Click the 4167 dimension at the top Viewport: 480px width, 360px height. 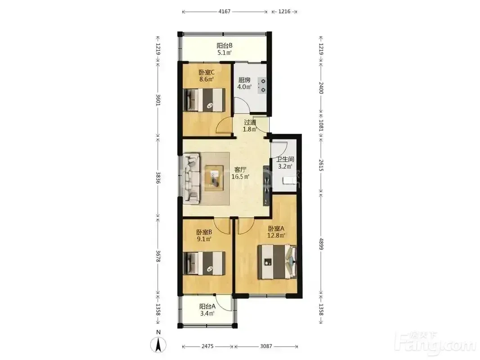224,12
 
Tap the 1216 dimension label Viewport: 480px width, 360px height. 284,12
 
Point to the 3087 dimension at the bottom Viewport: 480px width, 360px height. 266,346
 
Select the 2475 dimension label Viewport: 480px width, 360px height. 207,346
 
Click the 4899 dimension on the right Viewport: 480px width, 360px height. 321,243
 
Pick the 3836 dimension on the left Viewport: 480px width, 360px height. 158,178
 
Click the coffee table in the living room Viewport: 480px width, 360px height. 216,178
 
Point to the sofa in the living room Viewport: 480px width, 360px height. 192,179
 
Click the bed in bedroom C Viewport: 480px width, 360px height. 204,100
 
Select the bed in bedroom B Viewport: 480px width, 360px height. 204,263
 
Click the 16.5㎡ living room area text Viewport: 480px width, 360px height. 240,177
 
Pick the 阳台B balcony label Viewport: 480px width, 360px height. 224,45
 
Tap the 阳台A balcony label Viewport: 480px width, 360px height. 207,306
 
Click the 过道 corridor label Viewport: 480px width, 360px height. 250,122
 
